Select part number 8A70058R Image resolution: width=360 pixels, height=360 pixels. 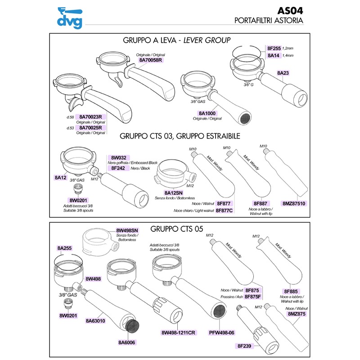(x=150, y=60)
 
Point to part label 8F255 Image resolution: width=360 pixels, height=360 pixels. (x=274, y=48)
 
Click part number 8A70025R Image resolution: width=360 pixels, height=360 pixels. (x=91, y=128)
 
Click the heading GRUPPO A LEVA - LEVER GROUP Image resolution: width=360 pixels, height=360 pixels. (x=176, y=40)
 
